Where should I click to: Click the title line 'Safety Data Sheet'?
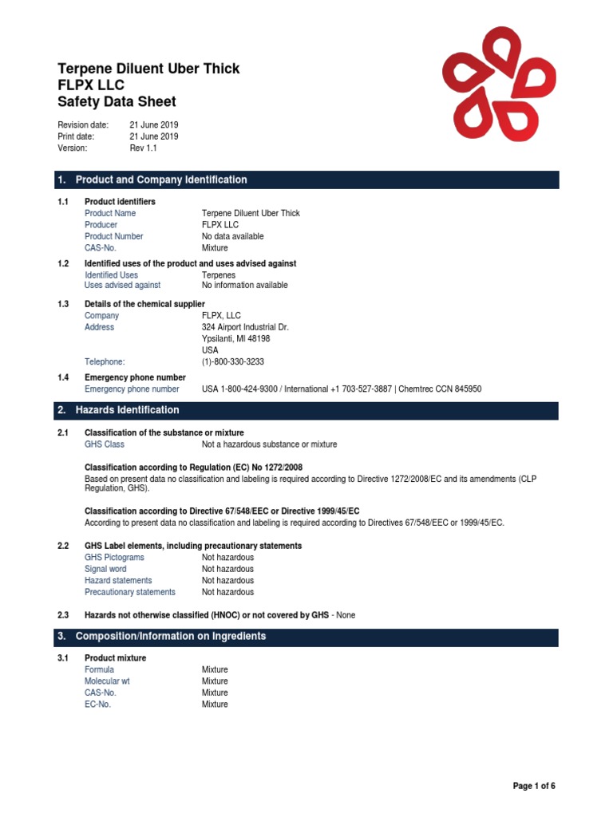click(117, 101)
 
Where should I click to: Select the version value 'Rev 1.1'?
click(144, 148)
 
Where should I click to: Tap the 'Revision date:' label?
click(83, 125)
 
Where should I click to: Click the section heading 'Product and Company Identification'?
click(160, 180)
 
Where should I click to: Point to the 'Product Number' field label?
click(114, 236)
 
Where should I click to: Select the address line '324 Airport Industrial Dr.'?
click(245, 327)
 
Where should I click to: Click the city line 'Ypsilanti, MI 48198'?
click(235, 338)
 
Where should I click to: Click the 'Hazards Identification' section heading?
click(127, 410)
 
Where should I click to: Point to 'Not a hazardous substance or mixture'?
click(269, 444)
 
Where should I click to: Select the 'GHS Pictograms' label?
click(115, 557)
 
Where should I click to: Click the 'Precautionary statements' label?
click(130, 592)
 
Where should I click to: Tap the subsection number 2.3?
click(64, 615)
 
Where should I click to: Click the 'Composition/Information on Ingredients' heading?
click(170, 637)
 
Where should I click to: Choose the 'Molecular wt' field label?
click(107, 681)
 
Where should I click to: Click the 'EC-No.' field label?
click(98, 705)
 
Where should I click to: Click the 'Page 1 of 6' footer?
click(533, 786)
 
